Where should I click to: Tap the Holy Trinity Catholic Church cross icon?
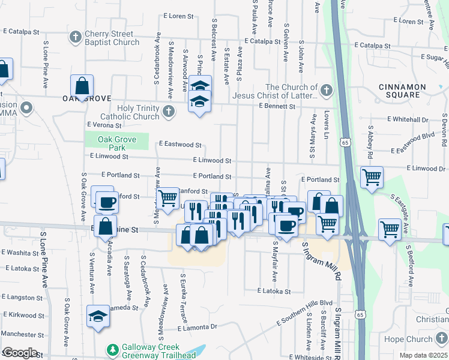169,111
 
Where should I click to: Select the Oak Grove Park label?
116,143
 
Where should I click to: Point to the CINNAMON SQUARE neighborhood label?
402,91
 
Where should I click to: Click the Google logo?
19,353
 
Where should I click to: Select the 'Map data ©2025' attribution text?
423,355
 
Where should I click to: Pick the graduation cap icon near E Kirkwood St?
98,317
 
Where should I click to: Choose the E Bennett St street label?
277,106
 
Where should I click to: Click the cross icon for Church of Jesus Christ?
326,91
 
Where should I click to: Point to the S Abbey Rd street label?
371,142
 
